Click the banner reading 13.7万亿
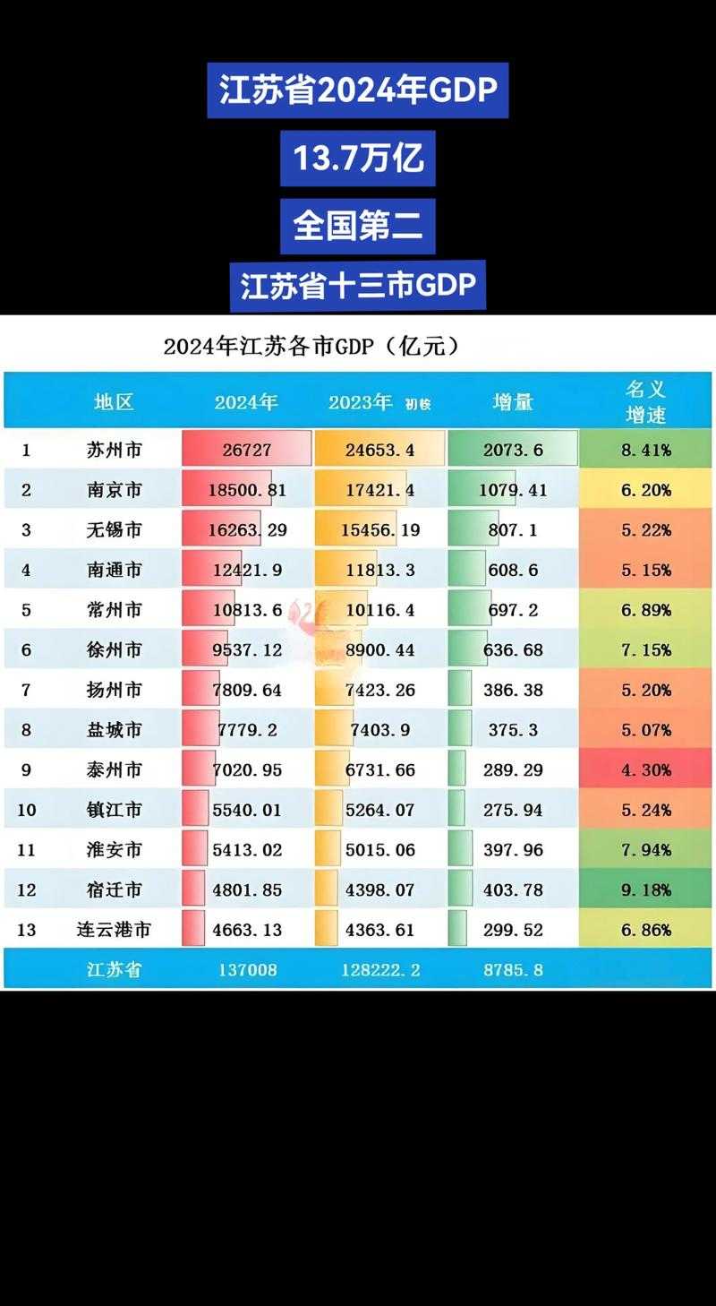[358, 159]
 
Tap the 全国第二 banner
[358, 226]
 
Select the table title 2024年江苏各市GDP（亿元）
[311, 348]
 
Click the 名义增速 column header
[645, 402]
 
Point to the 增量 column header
[513, 402]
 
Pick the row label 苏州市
[114, 450]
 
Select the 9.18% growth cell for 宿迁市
[645, 889]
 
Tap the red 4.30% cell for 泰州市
[645, 770]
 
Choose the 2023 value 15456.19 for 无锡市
[380, 530]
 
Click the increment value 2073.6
[513, 450]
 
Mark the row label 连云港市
[114, 930]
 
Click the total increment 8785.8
[513, 969]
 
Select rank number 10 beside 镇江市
[27, 810]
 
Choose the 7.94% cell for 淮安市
[645, 850]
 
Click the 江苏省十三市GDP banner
[358, 286]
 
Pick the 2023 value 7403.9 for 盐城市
[380, 730]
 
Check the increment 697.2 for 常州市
[513, 610]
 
